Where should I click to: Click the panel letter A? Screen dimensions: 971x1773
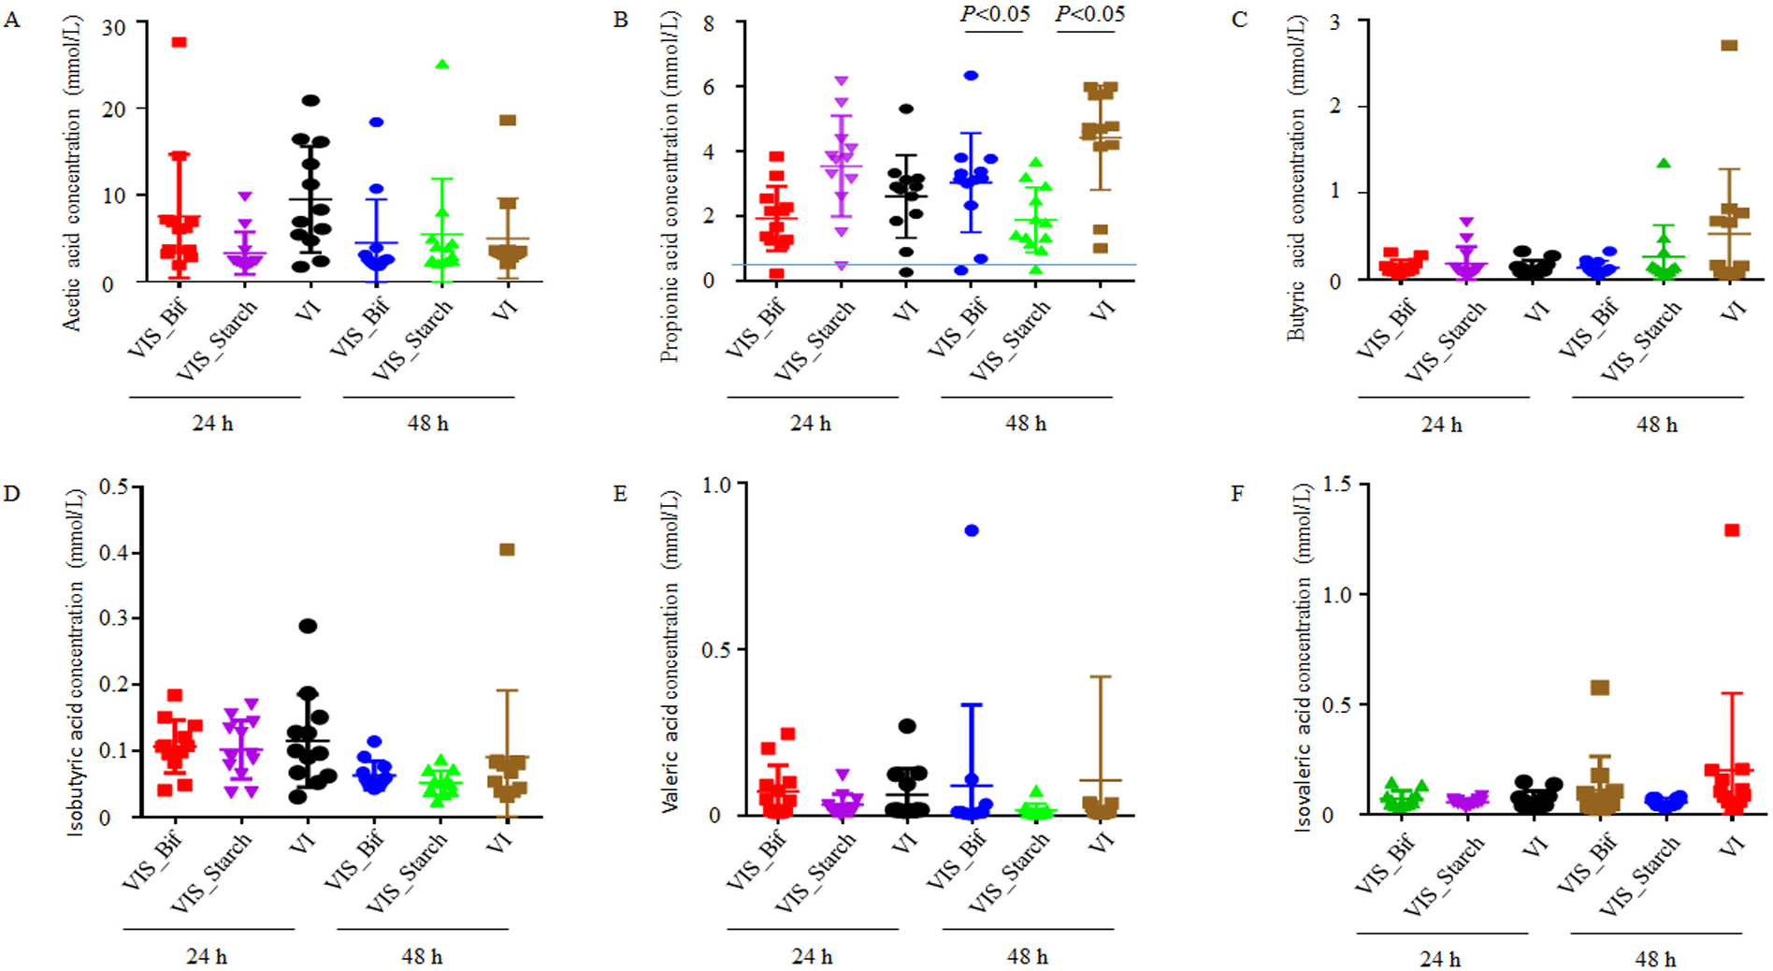(11, 20)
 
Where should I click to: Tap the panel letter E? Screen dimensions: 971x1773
(620, 493)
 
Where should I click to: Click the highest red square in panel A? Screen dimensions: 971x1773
(179, 42)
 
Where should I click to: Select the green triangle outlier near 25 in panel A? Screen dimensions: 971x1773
(442, 65)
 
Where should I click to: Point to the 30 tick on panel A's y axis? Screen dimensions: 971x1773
(113, 27)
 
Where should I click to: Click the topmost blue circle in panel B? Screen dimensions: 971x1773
(972, 76)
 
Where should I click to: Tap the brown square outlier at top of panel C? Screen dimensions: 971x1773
(1729, 46)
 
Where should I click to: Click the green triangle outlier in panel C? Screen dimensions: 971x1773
(1664, 164)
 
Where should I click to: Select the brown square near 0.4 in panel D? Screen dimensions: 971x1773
(507, 550)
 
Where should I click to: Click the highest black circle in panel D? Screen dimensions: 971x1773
(308, 626)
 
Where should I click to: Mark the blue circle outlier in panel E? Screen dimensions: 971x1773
(972, 530)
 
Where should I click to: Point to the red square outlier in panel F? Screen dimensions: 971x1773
(1732, 530)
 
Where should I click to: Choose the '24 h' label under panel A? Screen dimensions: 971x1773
(213, 424)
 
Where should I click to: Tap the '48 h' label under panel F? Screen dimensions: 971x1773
(1655, 960)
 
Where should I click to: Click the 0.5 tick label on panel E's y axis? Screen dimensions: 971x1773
(715, 649)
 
